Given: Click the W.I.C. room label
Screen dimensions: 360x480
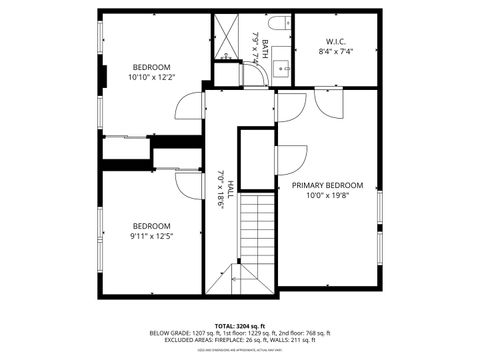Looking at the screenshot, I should click(335, 42).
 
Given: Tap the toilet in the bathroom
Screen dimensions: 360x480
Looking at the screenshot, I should click(279, 22).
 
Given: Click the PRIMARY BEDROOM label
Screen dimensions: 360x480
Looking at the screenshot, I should click(327, 185).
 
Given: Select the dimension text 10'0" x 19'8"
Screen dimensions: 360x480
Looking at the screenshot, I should click(327, 196).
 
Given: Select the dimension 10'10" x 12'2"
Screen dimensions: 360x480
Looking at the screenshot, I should click(152, 77).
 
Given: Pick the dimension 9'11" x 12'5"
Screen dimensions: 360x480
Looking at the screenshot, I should click(152, 236).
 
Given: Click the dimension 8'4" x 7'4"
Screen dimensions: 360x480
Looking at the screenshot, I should click(335, 51).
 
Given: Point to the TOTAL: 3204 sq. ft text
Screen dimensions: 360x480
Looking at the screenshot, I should click(239, 326).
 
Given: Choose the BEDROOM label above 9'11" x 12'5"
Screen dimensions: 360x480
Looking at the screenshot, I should click(152, 225).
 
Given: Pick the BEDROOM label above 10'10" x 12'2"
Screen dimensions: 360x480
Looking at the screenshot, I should click(152, 67).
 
